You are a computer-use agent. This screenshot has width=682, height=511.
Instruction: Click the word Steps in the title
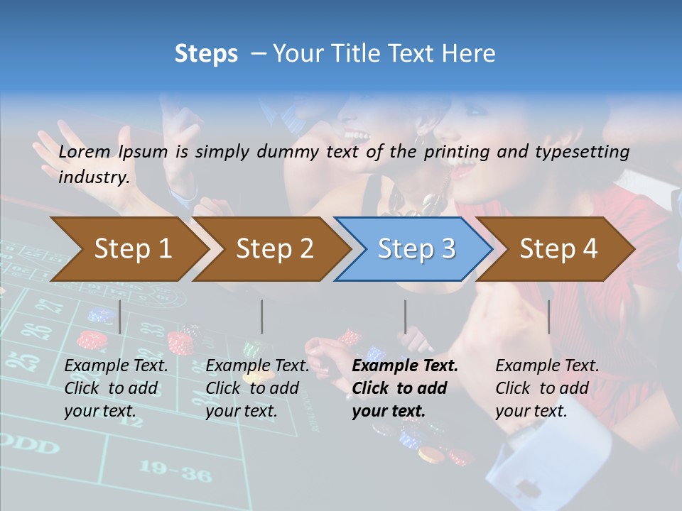(206, 54)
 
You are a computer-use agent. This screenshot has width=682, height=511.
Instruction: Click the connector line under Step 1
(120, 317)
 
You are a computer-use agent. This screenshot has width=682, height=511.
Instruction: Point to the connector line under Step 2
(262, 317)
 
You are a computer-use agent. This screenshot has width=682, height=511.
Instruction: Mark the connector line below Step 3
(405, 317)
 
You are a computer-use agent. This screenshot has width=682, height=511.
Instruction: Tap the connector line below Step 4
(548, 317)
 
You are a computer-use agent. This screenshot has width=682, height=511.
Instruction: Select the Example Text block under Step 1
(116, 388)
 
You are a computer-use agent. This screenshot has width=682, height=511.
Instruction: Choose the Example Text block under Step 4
(547, 388)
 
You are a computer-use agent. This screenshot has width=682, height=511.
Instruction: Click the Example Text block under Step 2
(257, 388)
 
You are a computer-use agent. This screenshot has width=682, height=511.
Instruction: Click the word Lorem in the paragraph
(85, 152)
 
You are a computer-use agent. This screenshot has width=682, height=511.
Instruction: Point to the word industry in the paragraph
(94, 177)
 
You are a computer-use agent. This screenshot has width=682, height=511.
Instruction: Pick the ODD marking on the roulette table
(28, 446)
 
